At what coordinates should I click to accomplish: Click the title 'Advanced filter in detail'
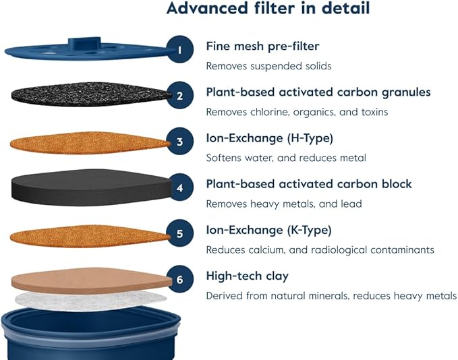coord(268,9)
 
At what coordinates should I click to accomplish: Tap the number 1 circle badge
coord(179,50)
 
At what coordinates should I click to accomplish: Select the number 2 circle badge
coord(179,96)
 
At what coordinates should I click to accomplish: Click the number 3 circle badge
coord(179,142)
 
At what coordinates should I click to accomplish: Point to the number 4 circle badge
coord(179,188)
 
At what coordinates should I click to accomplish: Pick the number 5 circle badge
coord(179,234)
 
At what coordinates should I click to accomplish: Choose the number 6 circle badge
coord(179,279)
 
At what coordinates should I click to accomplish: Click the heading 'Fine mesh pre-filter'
coord(262,47)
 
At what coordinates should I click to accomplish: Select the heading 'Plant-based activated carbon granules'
coord(318,92)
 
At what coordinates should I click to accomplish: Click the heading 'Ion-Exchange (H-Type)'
coord(269,138)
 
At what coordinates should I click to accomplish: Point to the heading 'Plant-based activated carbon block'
coord(309,184)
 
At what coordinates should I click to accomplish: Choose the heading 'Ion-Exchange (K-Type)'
coord(268,231)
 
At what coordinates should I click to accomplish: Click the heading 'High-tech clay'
coord(247,276)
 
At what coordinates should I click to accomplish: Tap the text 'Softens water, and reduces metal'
coord(286,158)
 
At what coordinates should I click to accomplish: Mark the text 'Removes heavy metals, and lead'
coord(284,204)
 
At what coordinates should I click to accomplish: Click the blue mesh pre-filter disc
coord(81,51)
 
